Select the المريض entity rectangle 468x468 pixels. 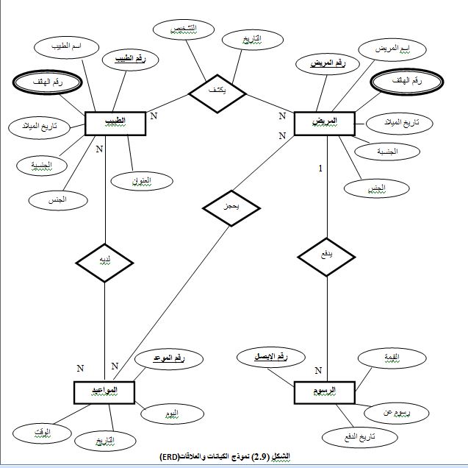(324, 122)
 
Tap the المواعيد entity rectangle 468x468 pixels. (105, 391)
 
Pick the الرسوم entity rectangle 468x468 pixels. (323, 391)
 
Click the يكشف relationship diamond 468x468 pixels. (217, 92)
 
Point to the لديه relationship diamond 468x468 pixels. (105, 261)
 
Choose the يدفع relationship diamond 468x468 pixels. (326, 255)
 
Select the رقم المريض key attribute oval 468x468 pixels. (327, 64)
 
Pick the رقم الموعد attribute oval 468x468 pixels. (168, 359)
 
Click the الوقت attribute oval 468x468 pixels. (32, 430)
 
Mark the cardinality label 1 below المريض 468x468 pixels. (320, 169)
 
